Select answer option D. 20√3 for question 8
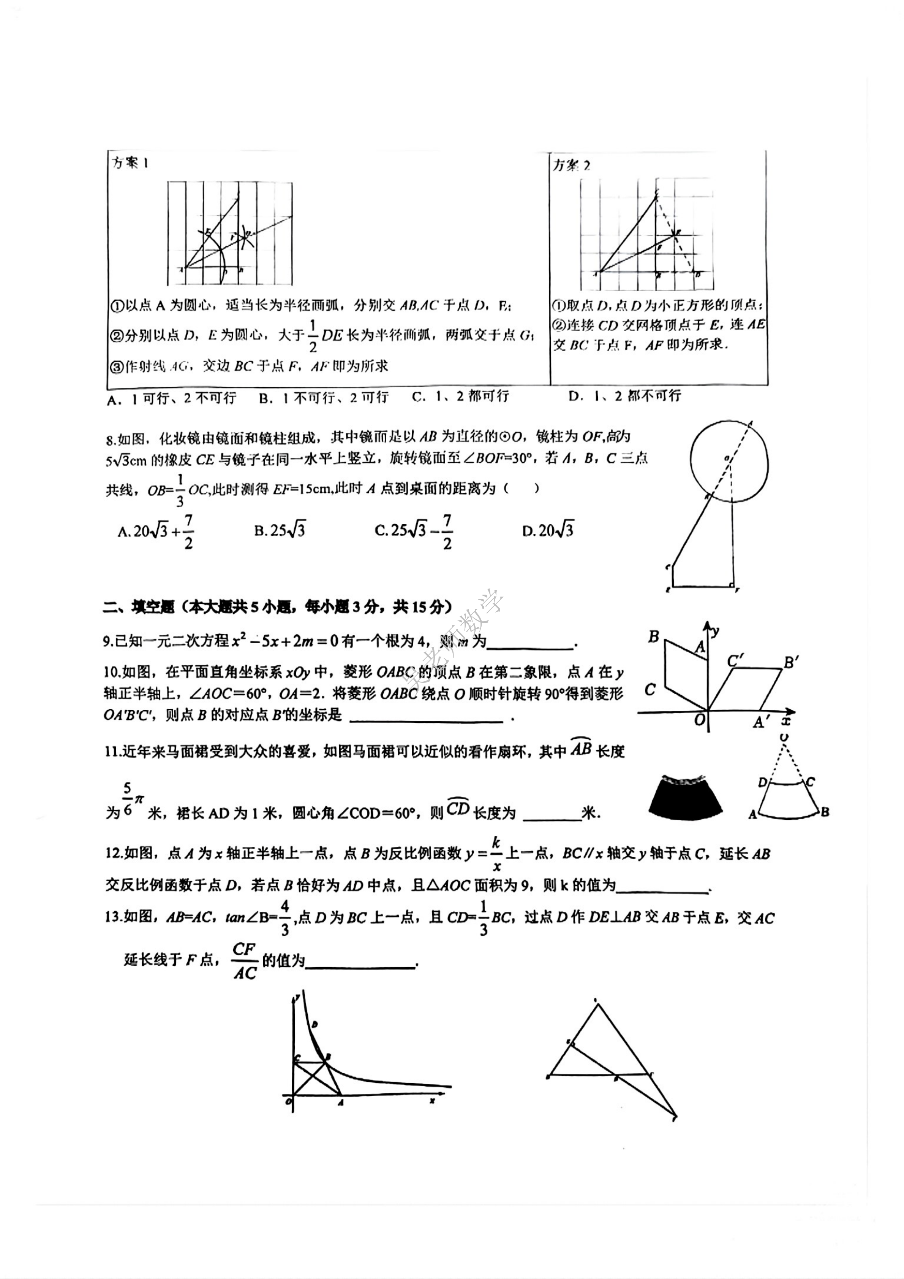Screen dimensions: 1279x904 click(548, 530)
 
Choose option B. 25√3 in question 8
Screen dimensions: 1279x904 click(280, 530)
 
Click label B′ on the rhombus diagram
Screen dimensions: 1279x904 click(790, 662)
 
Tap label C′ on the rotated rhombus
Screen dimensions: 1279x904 click(736, 661)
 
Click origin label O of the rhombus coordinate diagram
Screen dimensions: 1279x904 click(699, 720)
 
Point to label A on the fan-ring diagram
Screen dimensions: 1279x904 click(752, 814)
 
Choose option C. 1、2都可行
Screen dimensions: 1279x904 click(460, 396)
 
